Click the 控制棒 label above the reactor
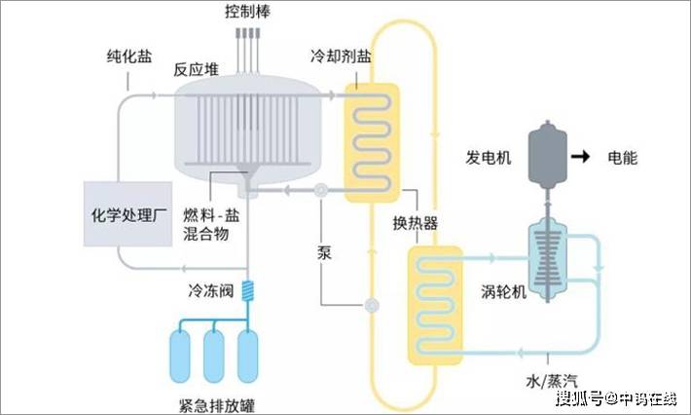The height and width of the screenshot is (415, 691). [x=249, y=13]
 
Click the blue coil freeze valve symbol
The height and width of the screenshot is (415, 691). [x=249, y=290]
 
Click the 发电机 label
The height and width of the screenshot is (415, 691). [x=491, y=157]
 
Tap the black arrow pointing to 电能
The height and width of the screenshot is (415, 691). [x=582, y=156]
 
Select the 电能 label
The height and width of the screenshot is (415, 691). [x=623, y=157]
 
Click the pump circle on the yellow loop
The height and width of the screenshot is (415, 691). [x=371, y=307]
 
